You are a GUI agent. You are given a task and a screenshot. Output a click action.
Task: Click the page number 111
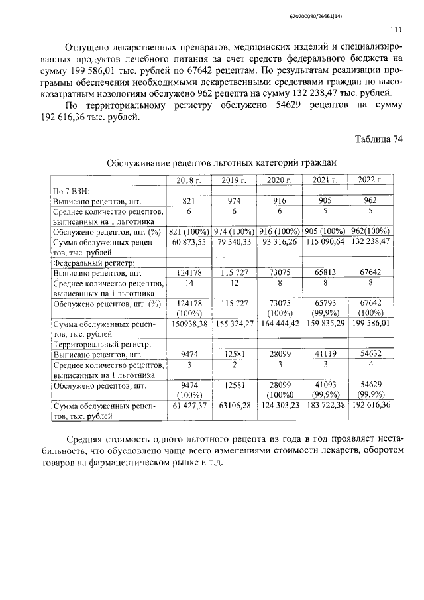tap(396, 30)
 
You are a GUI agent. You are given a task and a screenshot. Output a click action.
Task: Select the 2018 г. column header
tap(189, 180)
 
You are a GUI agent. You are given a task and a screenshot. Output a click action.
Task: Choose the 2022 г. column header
tap(370, 180)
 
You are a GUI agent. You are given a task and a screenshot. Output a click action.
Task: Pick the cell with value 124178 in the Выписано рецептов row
tap(189, 272)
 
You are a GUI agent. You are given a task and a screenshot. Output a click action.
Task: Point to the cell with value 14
tap(189, 283)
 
